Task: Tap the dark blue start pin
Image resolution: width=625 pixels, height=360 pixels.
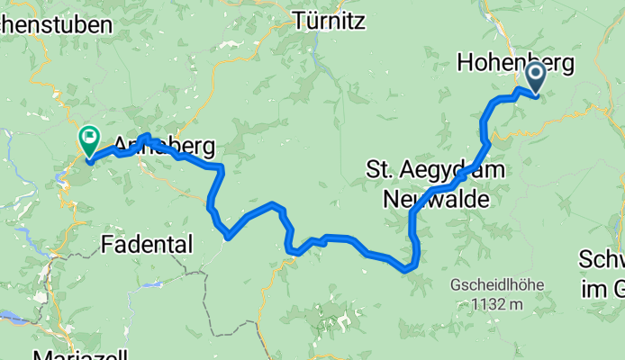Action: coord(536,77)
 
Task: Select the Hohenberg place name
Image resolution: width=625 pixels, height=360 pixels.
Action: coord(515,61)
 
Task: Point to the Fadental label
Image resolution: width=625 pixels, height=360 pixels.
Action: coord(147,243)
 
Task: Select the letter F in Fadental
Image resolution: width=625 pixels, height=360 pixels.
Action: coord(108,243)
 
